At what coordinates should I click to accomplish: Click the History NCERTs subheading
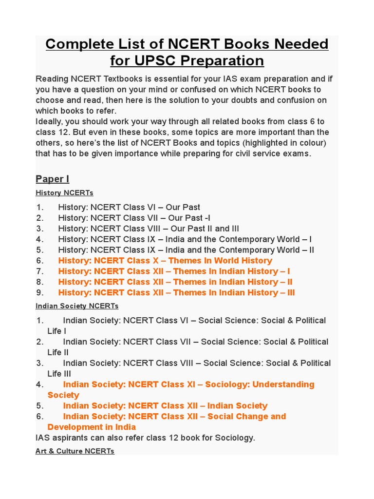click(64, 193)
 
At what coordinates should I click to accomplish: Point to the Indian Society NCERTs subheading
click(77, 306)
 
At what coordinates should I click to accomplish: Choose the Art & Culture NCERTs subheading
click(75, 451)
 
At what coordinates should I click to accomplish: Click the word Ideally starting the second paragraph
click(50, 121)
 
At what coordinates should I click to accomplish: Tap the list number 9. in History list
click(40, 292)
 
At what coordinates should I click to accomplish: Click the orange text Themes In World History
click(220, 261)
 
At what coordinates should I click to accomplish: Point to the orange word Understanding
click(283, 384)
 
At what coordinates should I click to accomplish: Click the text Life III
click(59, 374)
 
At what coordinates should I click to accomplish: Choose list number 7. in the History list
click(40, 271)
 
